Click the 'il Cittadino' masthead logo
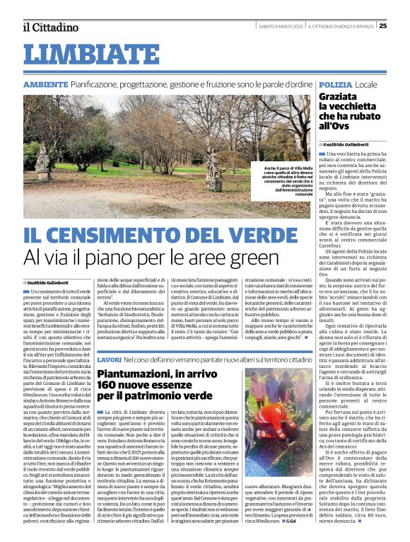tap(49, 28)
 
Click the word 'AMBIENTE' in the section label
tap(45, 84)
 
